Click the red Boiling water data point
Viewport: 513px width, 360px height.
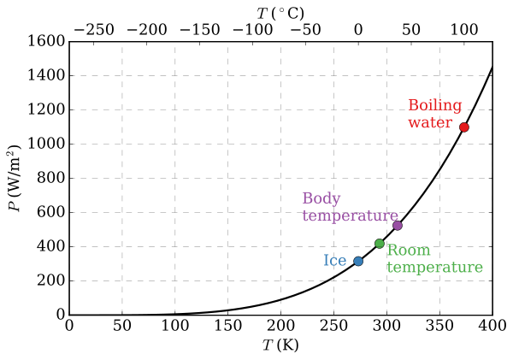(464, 127)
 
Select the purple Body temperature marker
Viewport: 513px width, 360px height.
(398, 226)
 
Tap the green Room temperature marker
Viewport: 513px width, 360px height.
(380, 244)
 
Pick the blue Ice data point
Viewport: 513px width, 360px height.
(358, 261)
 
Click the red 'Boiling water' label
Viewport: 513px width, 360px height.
(434, 114)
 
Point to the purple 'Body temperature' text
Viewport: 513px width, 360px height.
(350, 208)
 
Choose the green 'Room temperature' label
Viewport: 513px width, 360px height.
(434, 259)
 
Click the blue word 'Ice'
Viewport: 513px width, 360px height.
(334, 261)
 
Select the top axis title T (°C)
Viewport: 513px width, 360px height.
(280, 12)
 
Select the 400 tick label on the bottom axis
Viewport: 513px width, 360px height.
(492, 328)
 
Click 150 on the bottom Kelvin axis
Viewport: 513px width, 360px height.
(227, 328)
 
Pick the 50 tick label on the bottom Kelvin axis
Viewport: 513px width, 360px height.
(121, 328)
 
